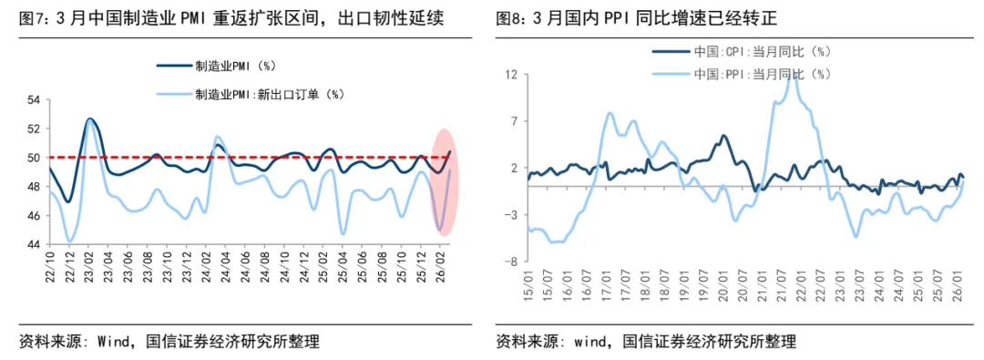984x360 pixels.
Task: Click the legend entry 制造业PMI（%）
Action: coord(235,66)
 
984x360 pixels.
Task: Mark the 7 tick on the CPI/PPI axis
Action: coord(514,121)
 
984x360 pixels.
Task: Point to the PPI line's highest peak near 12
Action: coord(795,77)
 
